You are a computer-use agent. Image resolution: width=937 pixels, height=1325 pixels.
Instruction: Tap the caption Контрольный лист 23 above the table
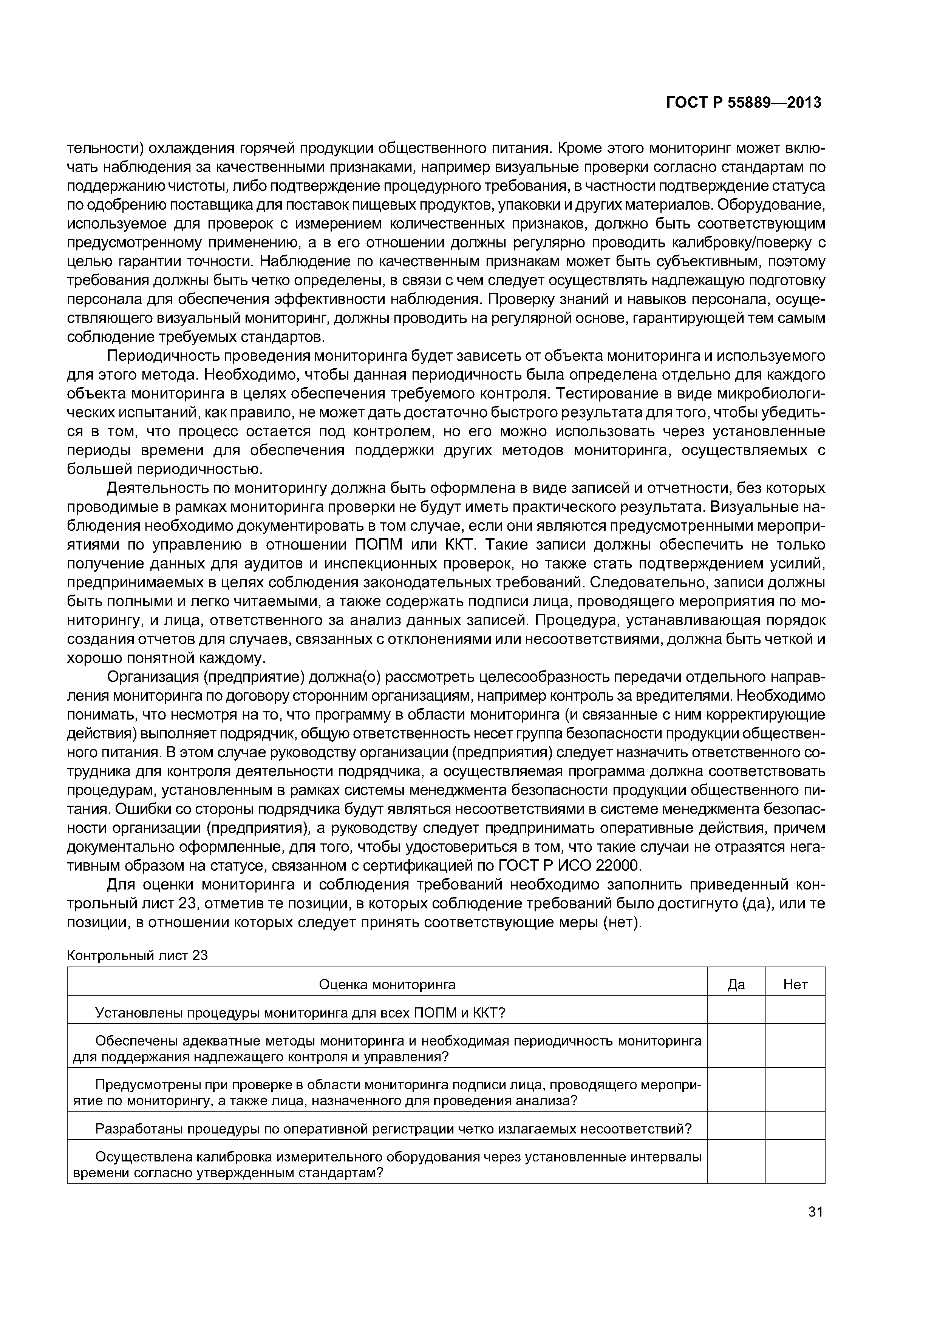pos(137,956)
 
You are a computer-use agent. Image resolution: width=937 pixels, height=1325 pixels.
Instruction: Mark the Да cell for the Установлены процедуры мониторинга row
pos(736,1013)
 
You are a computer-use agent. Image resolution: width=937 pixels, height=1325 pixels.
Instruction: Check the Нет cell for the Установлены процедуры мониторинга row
pos(795,1013)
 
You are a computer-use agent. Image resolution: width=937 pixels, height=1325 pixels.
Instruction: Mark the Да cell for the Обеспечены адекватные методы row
pos(736,1049)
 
